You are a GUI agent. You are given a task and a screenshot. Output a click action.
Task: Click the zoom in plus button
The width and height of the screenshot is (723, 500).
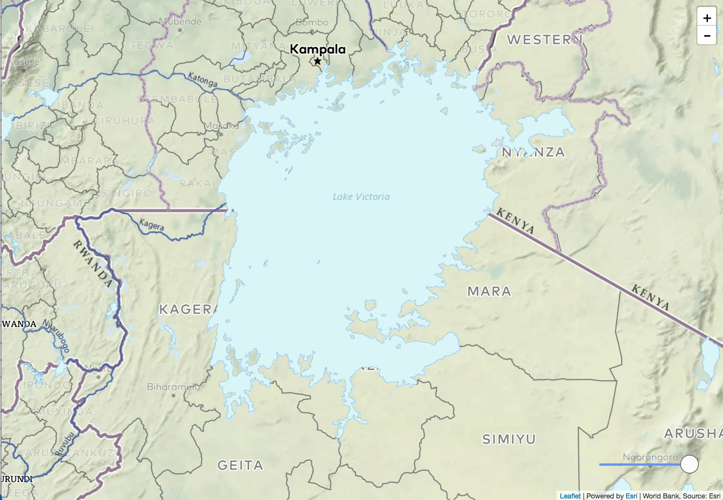coord(707,18)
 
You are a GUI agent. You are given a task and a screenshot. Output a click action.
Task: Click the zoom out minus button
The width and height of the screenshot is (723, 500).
coord(707,36)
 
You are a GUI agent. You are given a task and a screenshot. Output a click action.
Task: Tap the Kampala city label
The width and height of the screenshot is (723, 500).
coord(318,49)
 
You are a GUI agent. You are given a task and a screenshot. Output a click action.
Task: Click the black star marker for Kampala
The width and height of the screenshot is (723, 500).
coord(318,61)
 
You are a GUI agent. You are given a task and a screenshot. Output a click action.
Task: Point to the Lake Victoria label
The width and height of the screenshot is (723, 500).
coord(361,197)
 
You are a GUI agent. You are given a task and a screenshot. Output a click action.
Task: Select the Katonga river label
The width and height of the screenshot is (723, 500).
coord(202,79)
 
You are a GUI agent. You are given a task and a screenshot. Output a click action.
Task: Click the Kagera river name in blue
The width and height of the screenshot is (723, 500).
coord(151,225)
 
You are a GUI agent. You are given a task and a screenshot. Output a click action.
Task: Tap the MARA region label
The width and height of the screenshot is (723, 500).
coord(489,291)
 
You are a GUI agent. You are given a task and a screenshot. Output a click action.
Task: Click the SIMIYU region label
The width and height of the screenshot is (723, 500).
coord(509,439)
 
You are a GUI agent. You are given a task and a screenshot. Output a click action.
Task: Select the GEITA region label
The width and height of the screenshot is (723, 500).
coord(240,465)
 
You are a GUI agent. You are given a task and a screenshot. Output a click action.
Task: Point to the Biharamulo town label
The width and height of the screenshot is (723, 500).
coord(173,387)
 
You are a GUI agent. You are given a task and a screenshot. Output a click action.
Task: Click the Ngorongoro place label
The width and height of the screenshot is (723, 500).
coord(650,457)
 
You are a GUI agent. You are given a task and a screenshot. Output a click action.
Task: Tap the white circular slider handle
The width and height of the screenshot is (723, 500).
coord(689,464)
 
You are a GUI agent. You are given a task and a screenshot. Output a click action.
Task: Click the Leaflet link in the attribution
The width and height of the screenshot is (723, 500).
coord(570,496)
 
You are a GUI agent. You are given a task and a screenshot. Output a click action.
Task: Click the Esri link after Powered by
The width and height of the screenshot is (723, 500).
coord(631,496)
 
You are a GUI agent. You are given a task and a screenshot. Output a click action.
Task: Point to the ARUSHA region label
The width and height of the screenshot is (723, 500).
coord(693,433)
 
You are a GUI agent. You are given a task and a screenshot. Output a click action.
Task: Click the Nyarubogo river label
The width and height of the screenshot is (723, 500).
coord(56,336)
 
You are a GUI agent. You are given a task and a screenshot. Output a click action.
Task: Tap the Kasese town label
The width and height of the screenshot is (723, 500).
coord(24,62)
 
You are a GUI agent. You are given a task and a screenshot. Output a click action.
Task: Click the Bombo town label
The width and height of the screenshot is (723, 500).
coord(312,22)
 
